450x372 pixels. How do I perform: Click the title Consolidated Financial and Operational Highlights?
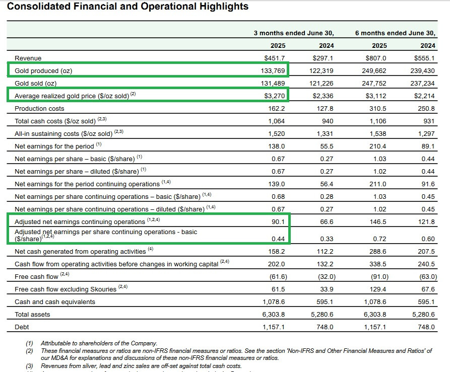[127, 7]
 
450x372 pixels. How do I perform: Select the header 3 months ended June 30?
[294, 33]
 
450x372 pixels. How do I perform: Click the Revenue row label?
[28, 58]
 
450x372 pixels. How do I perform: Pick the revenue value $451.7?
[275, 58]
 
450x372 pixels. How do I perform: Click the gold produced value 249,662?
[376, 71]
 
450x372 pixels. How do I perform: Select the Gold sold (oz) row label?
[36, 84]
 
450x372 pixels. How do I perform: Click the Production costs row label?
[40, 109]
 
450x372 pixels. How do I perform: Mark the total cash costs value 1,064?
[277, 121]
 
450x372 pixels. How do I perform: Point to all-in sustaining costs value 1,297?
[427, 133]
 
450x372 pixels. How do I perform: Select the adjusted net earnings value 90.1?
[279, 221]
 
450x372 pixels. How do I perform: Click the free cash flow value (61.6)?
[276, 276]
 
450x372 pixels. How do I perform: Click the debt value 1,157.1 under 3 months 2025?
[274, 327]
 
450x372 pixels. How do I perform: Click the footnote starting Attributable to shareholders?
[99, 343]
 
